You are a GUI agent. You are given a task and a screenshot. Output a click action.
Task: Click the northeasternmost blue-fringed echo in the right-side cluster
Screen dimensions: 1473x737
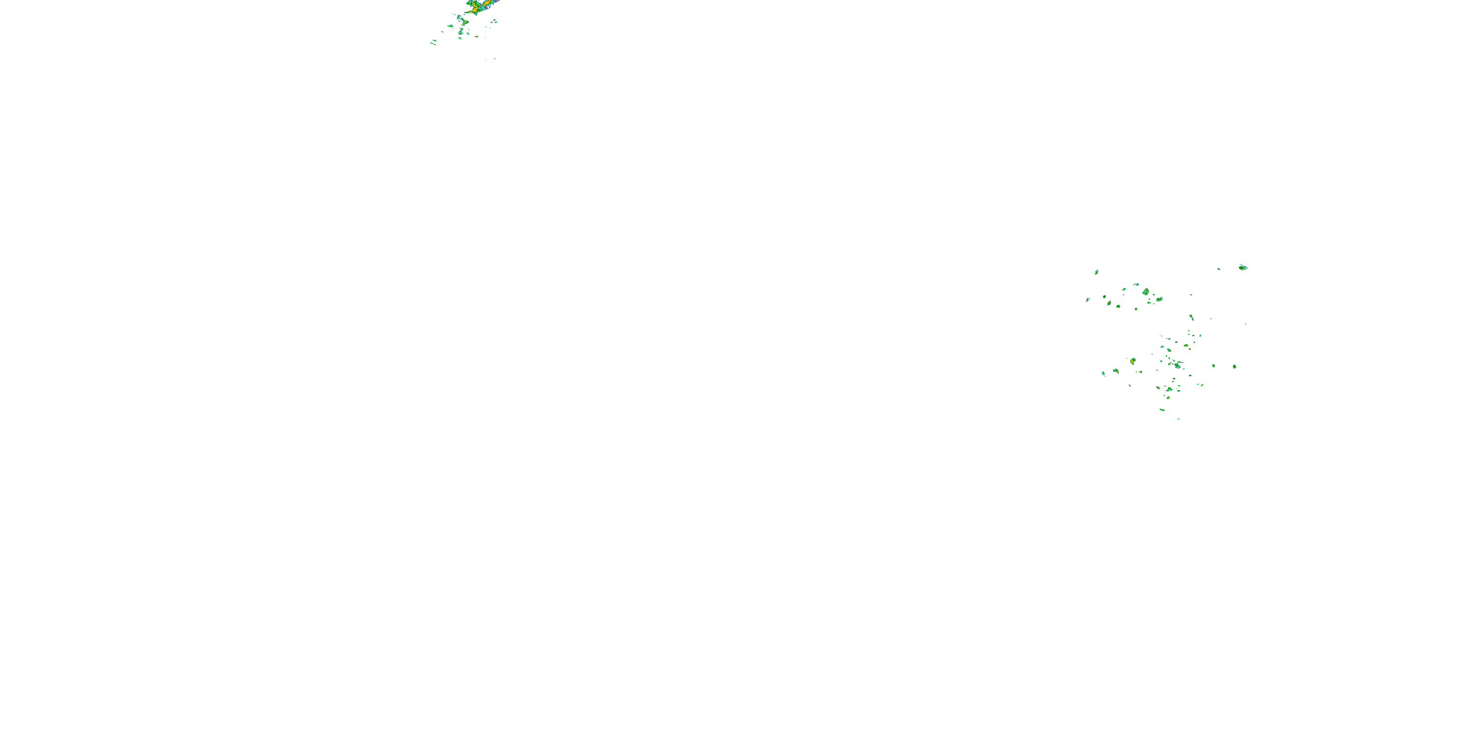click(x=1243, y=267)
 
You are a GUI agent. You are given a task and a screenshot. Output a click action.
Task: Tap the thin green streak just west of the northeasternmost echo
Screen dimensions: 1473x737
click(x=1219, y=269)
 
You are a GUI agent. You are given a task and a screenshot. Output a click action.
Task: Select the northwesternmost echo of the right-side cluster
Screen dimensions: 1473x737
click(x=1096, y=272)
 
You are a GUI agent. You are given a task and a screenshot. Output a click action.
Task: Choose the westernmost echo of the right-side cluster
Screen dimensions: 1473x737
click(x=1088, y=299)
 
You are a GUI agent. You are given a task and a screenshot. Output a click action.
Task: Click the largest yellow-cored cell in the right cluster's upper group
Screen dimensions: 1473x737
click(x=1146, y=292)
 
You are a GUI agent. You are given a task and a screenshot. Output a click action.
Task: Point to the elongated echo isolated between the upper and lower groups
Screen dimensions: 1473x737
click(x=1191, y=317)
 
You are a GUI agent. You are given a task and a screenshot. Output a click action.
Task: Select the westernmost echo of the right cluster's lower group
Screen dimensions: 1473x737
click(x=1103, y=373)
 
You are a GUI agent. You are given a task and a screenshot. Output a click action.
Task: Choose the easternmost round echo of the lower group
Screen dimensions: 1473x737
click(x=1234, y=366)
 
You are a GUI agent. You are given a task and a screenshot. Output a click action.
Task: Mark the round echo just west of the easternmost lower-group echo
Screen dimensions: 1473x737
click(x=1213, y=366)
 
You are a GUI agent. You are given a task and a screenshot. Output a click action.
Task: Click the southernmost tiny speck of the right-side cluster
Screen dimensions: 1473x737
click(x=1178, y=419)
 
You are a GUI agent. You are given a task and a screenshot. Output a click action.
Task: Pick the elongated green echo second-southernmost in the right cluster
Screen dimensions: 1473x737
click(x=1162, y=410)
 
